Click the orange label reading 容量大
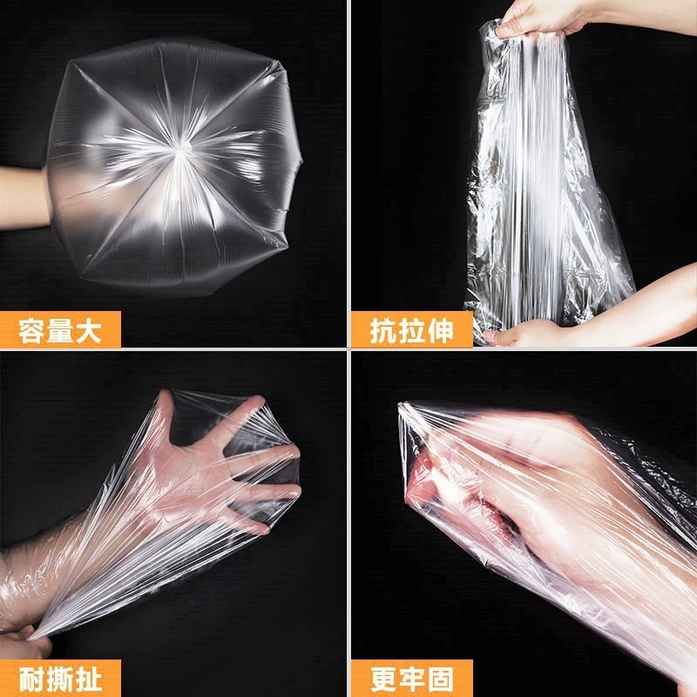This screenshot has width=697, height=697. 60,329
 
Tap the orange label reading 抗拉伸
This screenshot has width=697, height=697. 411,329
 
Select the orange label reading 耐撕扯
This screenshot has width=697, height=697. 60,679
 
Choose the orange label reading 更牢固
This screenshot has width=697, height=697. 411,679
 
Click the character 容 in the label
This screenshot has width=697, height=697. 31,331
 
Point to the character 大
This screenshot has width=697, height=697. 89,331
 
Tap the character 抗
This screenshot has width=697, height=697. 383,331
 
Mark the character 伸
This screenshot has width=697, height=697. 440,331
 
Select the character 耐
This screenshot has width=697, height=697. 31,680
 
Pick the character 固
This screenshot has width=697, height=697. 440,680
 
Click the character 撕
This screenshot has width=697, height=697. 60,680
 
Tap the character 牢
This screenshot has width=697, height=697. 411,680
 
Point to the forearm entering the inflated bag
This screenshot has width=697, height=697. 24,198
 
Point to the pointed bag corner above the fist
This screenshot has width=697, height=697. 403,407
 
